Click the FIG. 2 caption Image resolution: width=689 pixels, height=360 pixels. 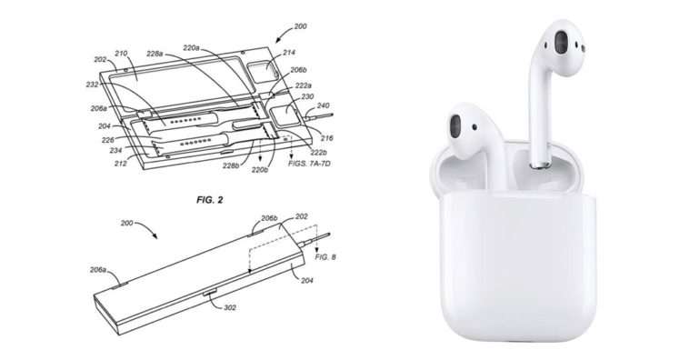click(x=209, y=200)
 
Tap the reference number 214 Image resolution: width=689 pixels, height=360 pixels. click(x=289, y=53)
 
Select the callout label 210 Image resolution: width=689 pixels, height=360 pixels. click(x=121, y=54)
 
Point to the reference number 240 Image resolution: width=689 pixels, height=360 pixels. click(x=323, y=106)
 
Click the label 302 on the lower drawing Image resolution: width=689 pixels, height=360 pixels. click(x=230, y=307)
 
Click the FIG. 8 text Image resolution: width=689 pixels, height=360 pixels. click(x=325, y=257)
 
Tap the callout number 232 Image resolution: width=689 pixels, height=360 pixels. click(x=93, y=85)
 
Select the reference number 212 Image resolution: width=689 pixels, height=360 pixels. click(x=120, y=164)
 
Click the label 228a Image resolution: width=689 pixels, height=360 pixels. click(x=155, y=54)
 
